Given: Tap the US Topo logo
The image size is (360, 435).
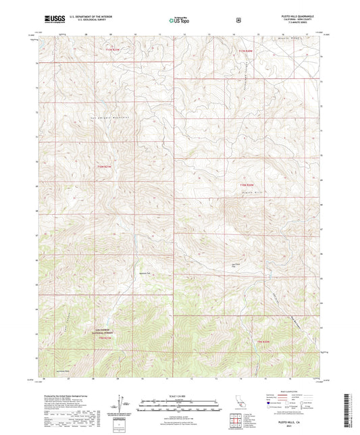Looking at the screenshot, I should pos(179,20).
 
